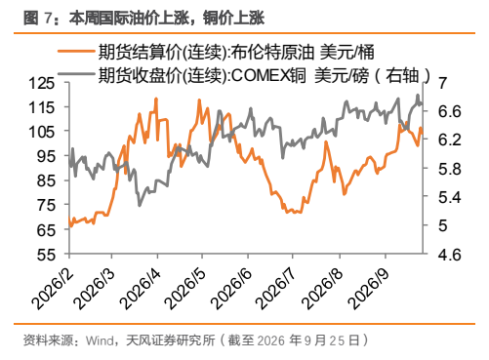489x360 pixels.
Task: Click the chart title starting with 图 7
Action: [x=143, y=18]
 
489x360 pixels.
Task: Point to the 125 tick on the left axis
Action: [x=42, y=83]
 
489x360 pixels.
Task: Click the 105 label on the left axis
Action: [x=42, y=132]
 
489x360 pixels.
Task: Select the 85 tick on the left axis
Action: [x=46, y=180]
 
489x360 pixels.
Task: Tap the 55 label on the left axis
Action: [x=46, y=255]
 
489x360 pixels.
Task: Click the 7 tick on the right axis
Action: [x=443, y=83]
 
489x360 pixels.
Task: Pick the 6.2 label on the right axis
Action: [x=450, y=140]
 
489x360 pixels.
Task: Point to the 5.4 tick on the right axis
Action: [x=450, y=197]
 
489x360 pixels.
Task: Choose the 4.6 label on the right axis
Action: [x=450, y=255]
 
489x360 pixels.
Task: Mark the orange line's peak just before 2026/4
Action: [x=156, y=99]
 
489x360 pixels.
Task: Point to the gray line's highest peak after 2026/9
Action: [x=418, y=95]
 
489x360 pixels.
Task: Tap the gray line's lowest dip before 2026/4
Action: [x=140, y=205]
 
